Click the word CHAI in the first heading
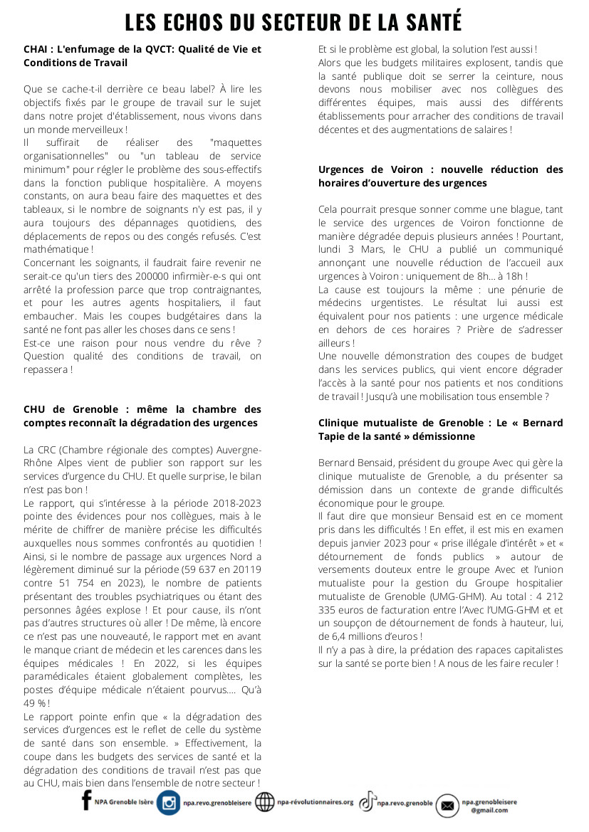tap(36, 50)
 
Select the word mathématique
tap(56, 250)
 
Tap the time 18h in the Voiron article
tap(514, 276)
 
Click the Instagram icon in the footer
tap(169, 803)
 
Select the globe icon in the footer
tap(264, 802)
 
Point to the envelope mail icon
tap(447, 805)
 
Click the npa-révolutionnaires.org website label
tap(315, 802)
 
